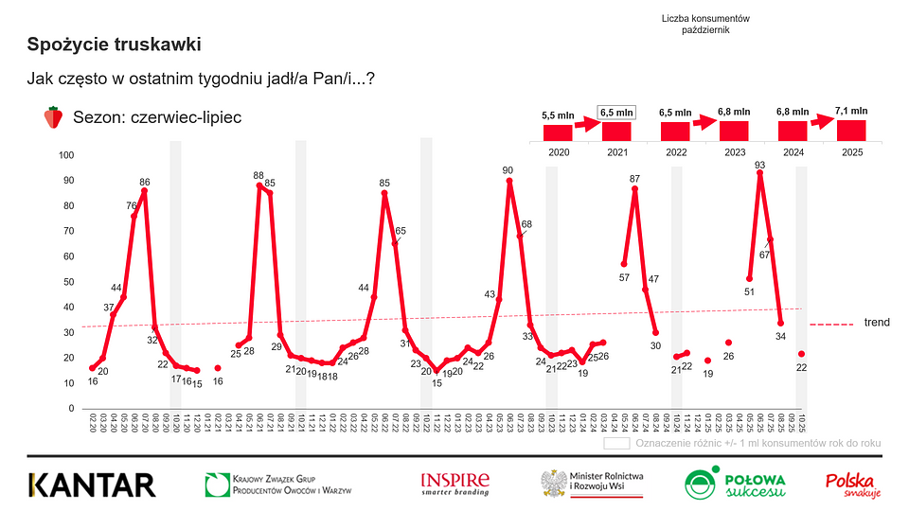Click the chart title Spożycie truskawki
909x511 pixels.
[x=114, y=44]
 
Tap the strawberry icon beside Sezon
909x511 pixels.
[x=53, y=117]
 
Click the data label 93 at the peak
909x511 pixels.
[x=759, y=165]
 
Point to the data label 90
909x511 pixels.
[x=508, y=170]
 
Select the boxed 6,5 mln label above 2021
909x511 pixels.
[x=616, y=113]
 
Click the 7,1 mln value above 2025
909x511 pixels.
[x=851, y=112]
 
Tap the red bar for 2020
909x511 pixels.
[x=557, y=132]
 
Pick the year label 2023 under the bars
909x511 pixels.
[x=734, y=151]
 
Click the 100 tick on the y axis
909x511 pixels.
[x=66, y=155]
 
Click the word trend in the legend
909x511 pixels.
[x=877, y=323]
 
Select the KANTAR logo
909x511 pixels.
[x=92, y=485]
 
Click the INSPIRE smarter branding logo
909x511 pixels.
[x=455, y=484]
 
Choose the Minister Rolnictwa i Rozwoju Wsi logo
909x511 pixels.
[x=594, y=484]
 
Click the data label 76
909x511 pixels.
[x=131, y=205]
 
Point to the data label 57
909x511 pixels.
[x=624, y=277]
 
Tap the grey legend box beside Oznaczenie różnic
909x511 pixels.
[x=616, y=442]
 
